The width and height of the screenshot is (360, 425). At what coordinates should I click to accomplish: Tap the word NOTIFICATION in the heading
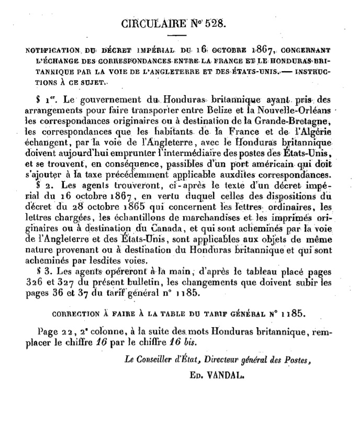tap(49, 51)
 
